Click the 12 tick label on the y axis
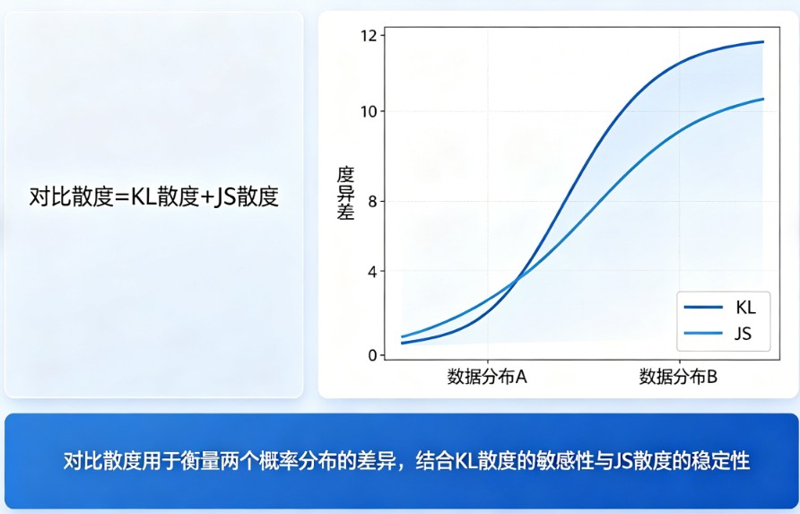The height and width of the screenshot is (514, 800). [368, 35]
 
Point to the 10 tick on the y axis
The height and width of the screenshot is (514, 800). [368, 111]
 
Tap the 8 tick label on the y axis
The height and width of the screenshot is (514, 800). [371, 201]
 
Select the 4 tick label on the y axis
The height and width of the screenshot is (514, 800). [371, 271]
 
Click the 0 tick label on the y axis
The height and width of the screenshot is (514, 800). [371, 355]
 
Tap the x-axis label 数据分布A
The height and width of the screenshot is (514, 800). [487, 377]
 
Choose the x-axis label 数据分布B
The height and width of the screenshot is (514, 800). [678, 377]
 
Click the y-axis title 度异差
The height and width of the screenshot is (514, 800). [345, 192]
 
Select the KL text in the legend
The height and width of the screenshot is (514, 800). [745, 308]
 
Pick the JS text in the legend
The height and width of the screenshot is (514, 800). [743, 335]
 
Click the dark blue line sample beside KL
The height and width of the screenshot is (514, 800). [702, 308]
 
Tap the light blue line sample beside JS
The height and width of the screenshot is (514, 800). [702, 335]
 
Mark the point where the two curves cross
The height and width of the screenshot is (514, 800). [516, 282]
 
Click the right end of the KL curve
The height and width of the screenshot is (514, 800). [763, 41]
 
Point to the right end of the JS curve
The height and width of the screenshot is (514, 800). [763, 99]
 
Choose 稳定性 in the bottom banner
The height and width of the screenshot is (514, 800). [720, 462]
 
